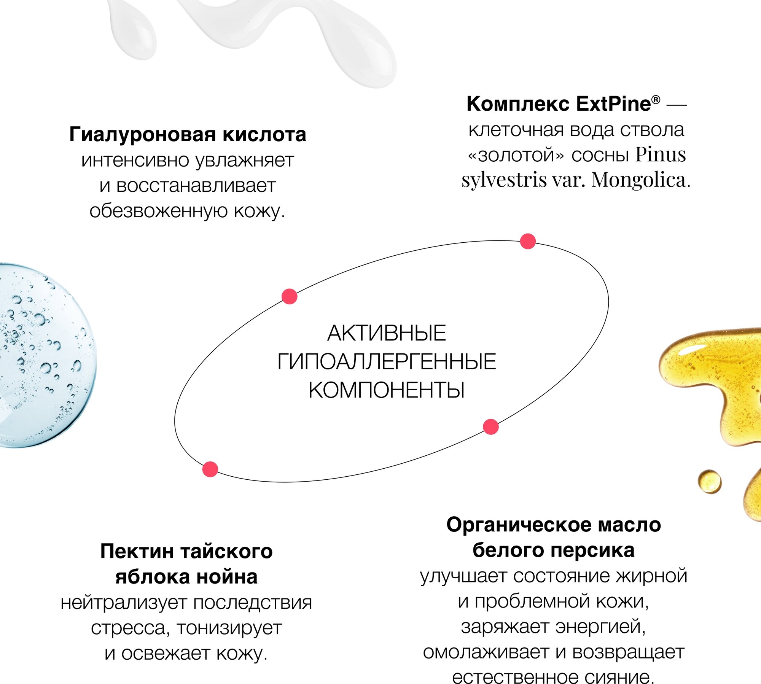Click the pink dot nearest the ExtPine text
pyautogui.click(x=528, y=241)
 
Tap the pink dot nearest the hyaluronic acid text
pyautogui.click(x=289, y=296)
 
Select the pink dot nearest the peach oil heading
pyautogui.click(x=490, y=427)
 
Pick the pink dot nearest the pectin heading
pyautogui.click(x=210, y=469)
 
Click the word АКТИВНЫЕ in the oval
pyautogui.click(x=386, y=333)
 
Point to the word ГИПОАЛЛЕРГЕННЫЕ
pyautogui.click(x=386, y=361)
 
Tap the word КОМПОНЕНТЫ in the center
pyautogui.click(x=386, y=390)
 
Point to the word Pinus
pyautogui.click(x=661, y=155)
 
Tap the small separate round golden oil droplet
pyautogui.click(x=709, y=482)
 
